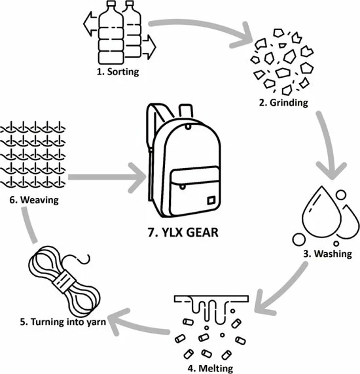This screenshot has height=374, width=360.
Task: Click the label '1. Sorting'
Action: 118,71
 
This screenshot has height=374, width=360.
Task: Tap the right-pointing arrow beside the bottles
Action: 150,47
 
